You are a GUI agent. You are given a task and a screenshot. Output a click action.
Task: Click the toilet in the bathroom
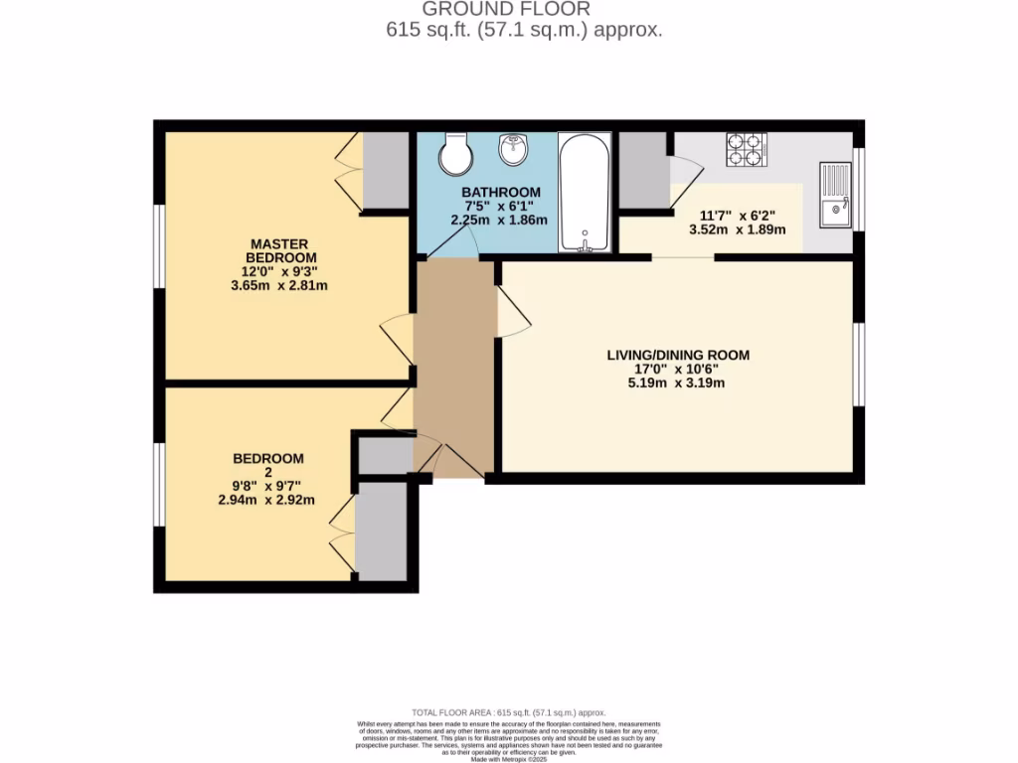[x=457, y=154]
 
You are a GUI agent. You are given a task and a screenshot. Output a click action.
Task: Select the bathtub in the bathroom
[x=585, y=193]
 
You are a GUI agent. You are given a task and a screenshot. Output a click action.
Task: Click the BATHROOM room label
[x=501, y=192]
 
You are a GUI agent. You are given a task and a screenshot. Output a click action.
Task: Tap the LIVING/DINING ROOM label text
[x=678, y=355]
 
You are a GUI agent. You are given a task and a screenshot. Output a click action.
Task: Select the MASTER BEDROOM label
[x=279, y=250]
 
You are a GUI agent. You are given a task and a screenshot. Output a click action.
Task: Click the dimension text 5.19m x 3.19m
[x=678, y=382]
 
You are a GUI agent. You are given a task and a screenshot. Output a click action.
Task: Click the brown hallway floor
[x=453, y=358]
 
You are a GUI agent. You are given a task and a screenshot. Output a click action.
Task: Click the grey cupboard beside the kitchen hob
[x=643, y=169]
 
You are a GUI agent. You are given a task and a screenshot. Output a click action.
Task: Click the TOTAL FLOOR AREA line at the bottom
[x=509, y=712]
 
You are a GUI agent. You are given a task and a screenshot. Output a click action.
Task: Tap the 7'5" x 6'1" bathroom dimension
[x=501, y=206]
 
